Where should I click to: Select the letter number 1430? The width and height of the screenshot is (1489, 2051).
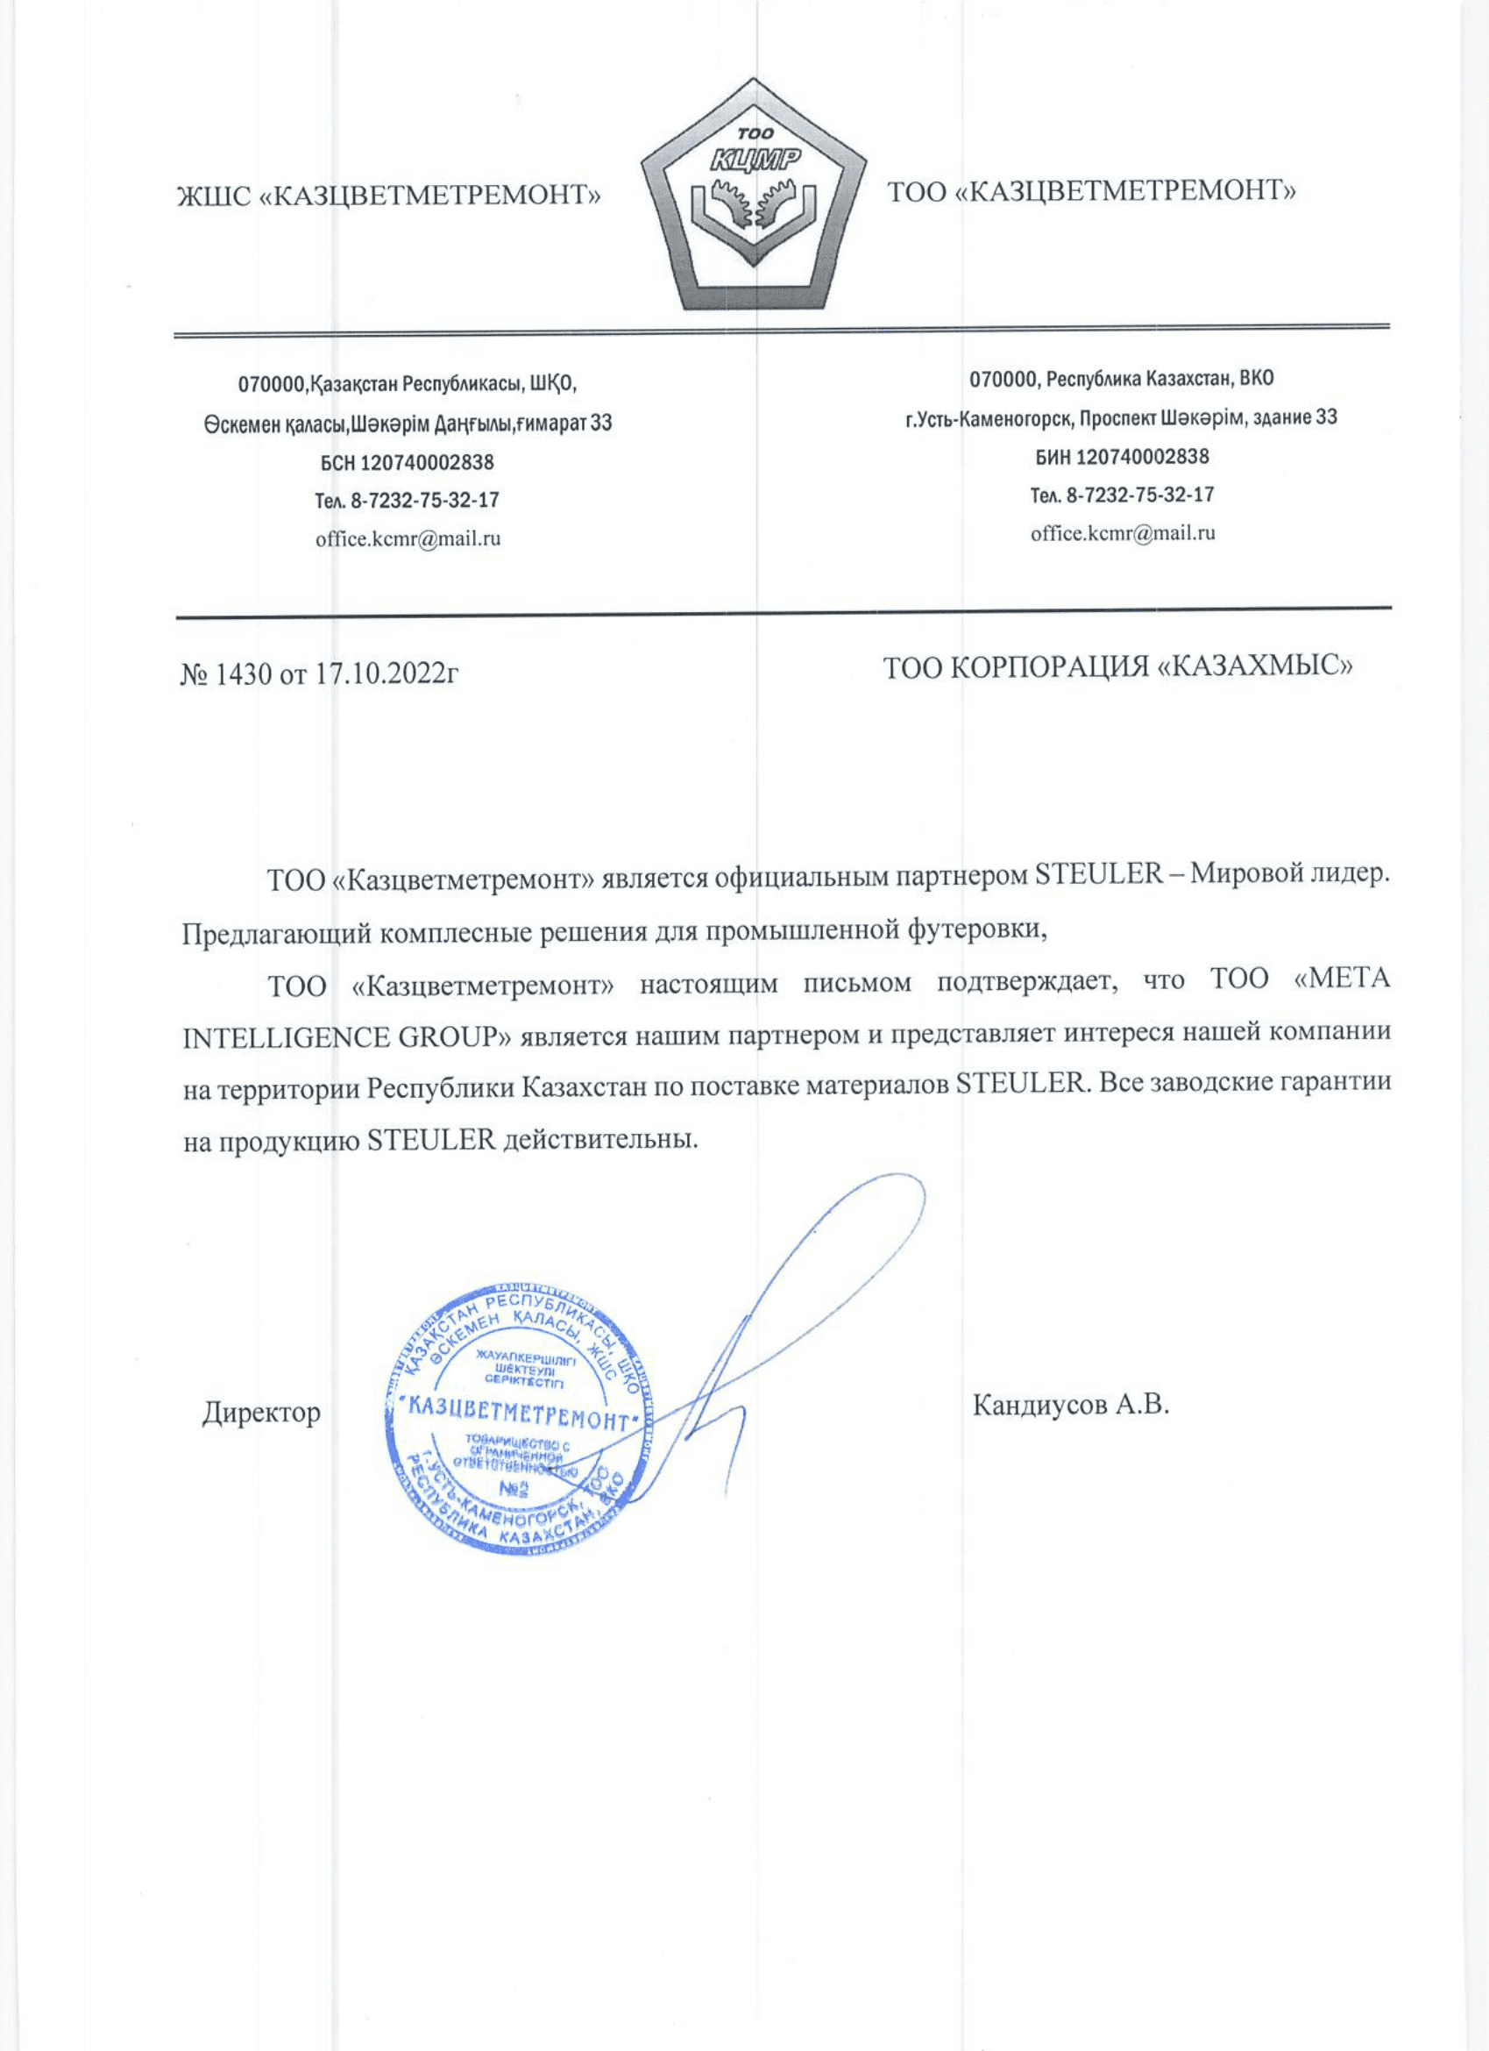point(242,673)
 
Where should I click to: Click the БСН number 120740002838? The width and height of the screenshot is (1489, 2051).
point(427,463)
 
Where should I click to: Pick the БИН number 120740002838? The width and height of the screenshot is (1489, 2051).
point(1142,457)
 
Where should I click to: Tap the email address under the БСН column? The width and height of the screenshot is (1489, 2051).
point(408,539)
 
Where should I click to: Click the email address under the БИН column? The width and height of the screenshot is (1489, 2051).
point(1123,532)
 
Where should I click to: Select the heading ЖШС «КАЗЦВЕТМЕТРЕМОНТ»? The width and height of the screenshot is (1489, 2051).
point(389,196)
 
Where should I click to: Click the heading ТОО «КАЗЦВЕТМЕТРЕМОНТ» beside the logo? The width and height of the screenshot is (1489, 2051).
point(1092,192)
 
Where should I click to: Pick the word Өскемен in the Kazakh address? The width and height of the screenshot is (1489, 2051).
point(240,424)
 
